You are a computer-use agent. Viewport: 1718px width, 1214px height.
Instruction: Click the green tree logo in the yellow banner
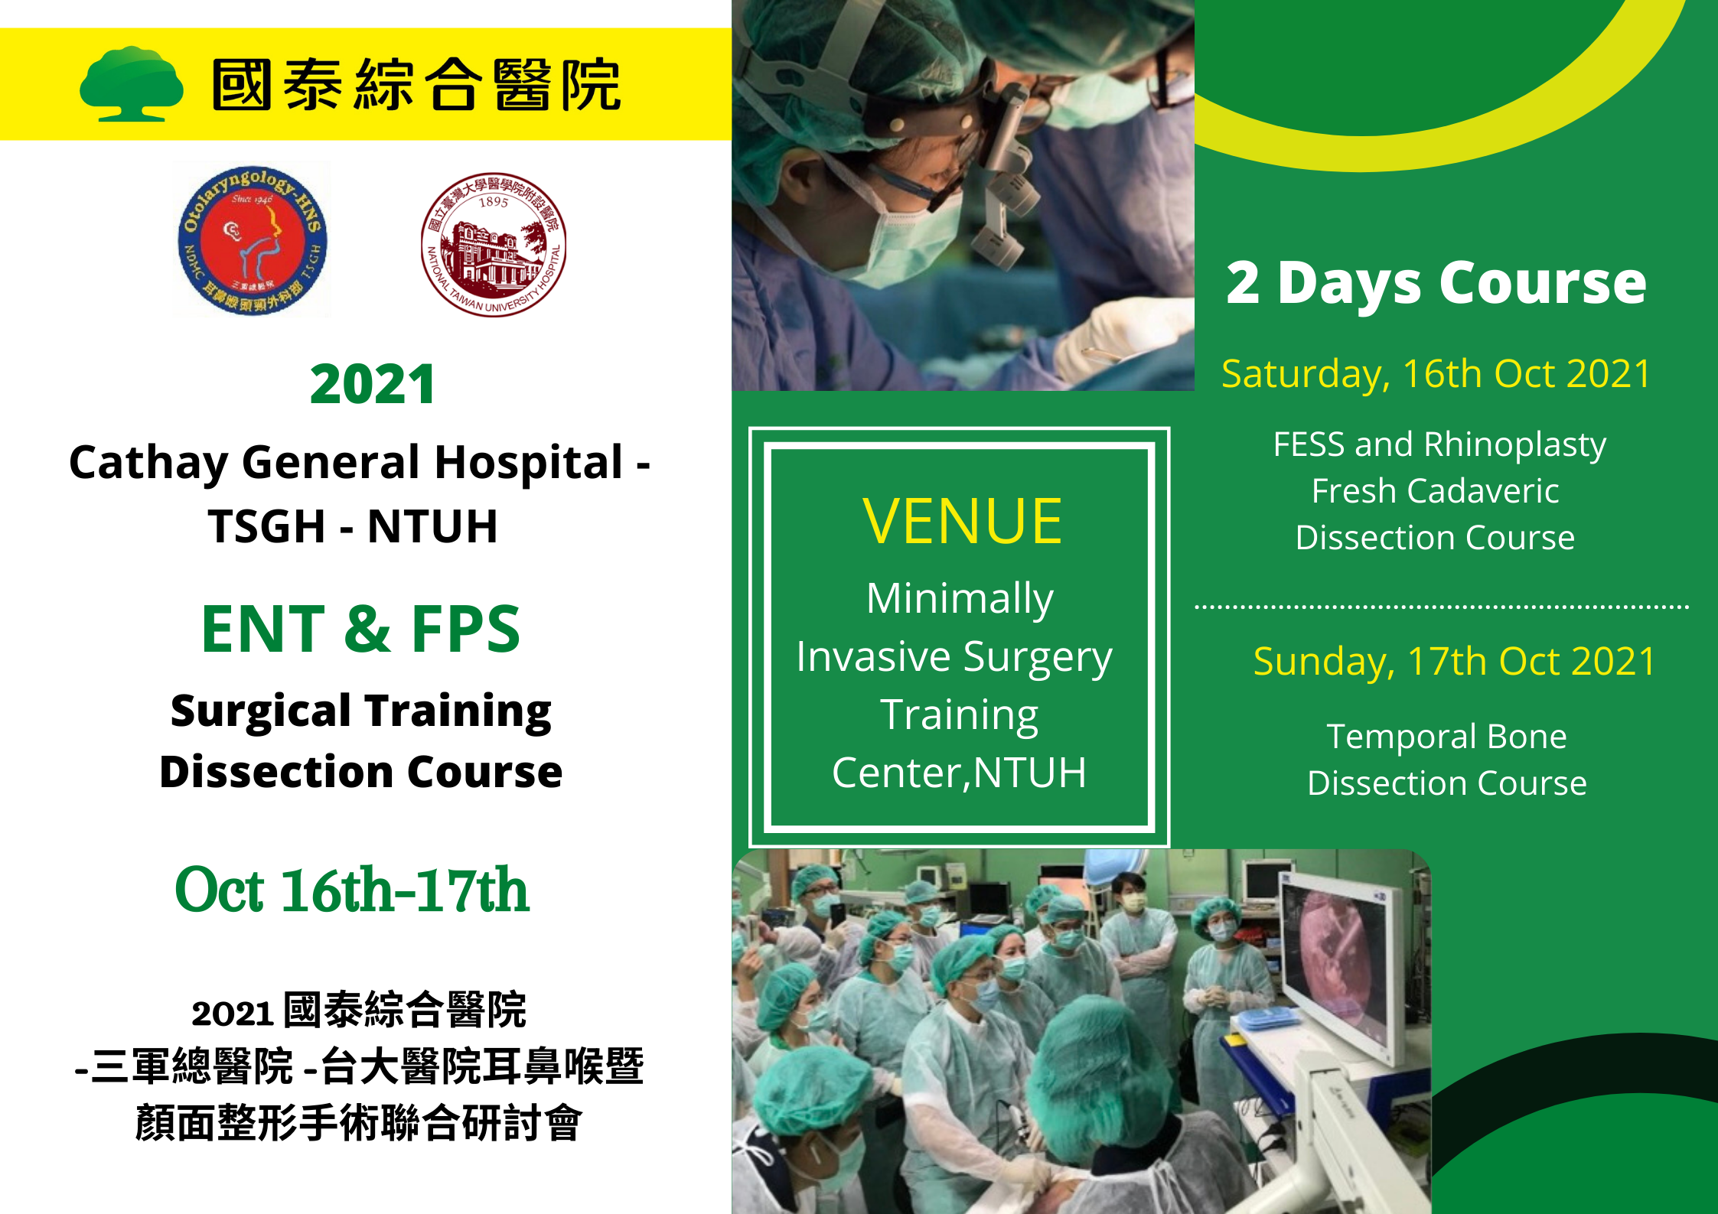coord(132,84)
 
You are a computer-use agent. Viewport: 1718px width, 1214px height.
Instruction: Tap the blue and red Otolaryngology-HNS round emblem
coord(253,240)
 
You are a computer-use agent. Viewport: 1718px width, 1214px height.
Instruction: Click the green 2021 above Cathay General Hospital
coord(373,384)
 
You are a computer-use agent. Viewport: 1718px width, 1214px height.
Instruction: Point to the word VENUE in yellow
coord(962,521)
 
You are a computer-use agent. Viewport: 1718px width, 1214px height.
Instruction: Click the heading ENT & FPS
coord(360,629)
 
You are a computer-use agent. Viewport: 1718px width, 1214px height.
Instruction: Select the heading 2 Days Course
coord(1436,283)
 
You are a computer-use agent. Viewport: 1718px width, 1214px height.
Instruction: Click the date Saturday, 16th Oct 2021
coord(1436,374)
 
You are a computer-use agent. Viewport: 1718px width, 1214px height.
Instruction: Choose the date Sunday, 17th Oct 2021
coord(1454,662)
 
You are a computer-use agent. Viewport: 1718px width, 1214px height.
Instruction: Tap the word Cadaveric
coord(1488,491)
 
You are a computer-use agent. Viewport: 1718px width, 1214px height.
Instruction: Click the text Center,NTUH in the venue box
coord(959,773)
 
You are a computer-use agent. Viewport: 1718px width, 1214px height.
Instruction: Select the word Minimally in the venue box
coord(960,599)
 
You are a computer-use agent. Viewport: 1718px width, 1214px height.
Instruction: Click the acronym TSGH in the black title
coord(267,526)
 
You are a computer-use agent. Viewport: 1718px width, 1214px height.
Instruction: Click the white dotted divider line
coord(1442,607)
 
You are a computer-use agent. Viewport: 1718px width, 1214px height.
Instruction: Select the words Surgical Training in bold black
coord(361,712)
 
